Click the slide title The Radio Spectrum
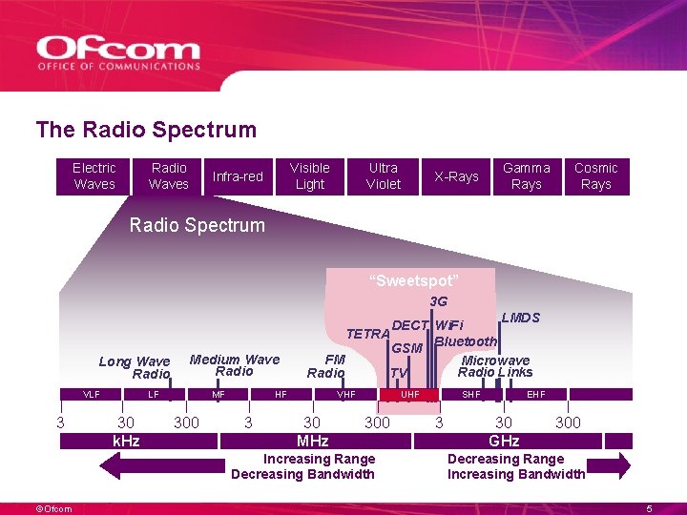pos(146,130)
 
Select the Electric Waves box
pos(94,176)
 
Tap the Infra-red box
pos(238,176)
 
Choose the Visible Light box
pos(310,176)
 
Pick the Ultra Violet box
pos(384,176)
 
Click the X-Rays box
pos(456,176)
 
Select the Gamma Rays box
pos(527,176)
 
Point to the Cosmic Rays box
pos(596,176)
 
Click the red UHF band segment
pos(410,394)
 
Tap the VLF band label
pos(92,394)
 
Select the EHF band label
pos(536,394)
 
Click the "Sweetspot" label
pos(414,280)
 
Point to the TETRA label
pos(367,334)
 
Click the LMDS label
pos(520,318)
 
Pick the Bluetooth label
pos(466,341)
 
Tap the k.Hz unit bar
pos(126,441)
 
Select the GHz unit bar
pos(504,441)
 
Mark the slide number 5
pos(650,508)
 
